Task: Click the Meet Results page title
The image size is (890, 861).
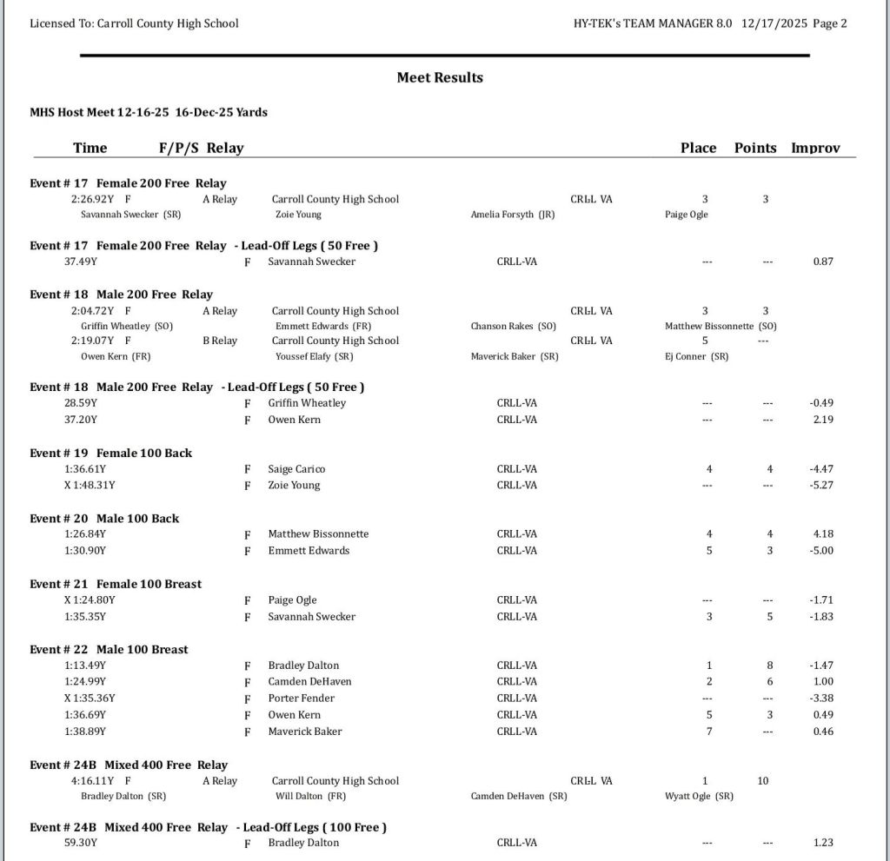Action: (x=440, y=77)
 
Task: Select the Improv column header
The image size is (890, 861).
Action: (x=815, y=148)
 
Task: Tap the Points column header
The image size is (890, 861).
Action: (x=755, y=148)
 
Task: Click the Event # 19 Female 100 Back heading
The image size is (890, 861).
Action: (x=111, y=453)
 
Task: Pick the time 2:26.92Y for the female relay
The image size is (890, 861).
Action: (x=92, y=199)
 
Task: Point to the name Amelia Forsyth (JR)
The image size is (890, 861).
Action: (x=513, y=215)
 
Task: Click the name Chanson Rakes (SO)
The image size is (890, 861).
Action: (x=514, y=326)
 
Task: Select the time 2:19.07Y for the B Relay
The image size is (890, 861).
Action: (x=92, y=341)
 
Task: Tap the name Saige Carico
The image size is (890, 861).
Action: (x=296, y=469)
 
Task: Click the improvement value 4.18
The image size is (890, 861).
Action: (x=822, y=534)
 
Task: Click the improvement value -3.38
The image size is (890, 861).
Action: (x=821, y=699)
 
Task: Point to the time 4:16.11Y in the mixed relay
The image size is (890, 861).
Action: (x=92, y=781)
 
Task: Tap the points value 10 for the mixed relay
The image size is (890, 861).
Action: (x=763, y=781)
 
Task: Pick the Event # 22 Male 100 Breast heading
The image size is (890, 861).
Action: (x=109, y=649)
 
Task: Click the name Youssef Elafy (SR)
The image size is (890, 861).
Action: (x=315, y=356)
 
